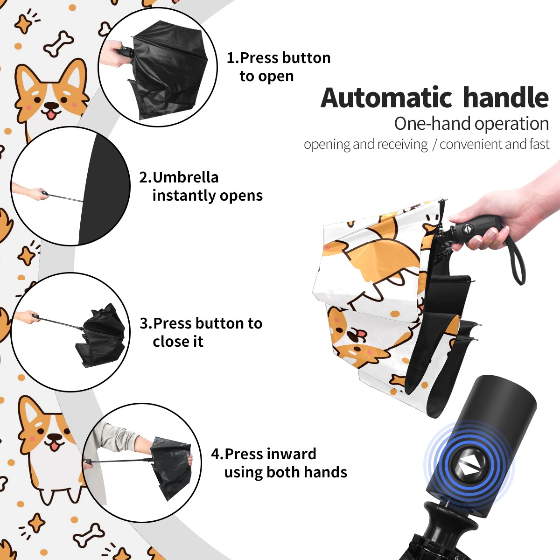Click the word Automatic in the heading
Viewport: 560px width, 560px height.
pyautogui.click(x=386, y=98)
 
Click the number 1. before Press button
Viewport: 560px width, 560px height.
pyautogui.click(x=232, y=58)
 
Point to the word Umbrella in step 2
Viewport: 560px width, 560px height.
pyautogui.click(x=186, y=177)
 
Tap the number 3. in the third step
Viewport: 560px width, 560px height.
pyautogui.click(x=146, y=323)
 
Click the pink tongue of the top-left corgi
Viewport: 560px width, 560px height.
pyautogui.click(x=52, y=115)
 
